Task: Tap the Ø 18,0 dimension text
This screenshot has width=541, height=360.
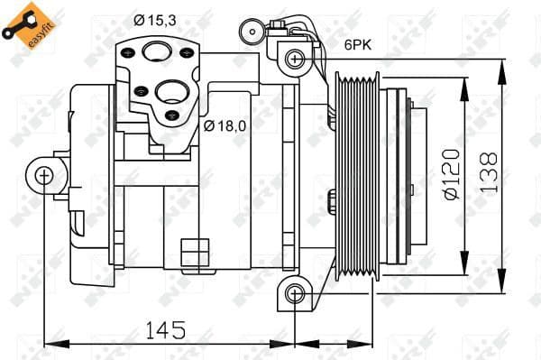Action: pyautogui.click(x=225, y=125)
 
